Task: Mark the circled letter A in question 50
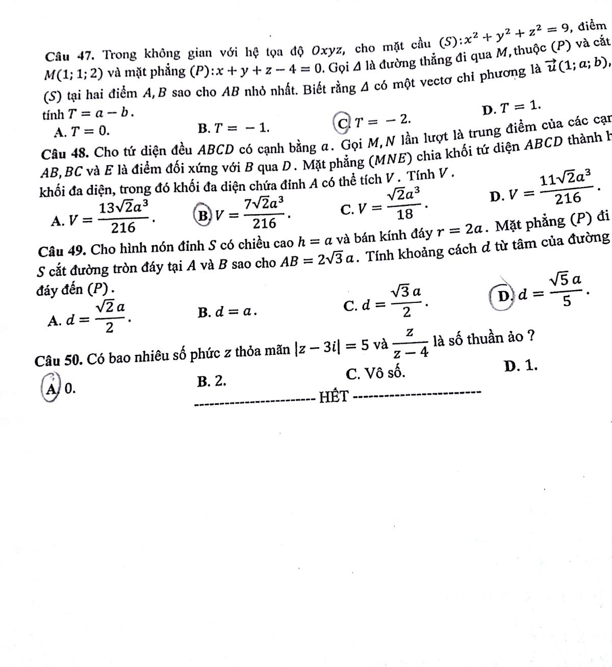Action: click(x=50, y=389)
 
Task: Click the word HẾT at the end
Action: click(x=334, y=397)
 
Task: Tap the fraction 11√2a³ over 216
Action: click(x=567, y=189)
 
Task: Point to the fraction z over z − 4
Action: click(x=410, y=343)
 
